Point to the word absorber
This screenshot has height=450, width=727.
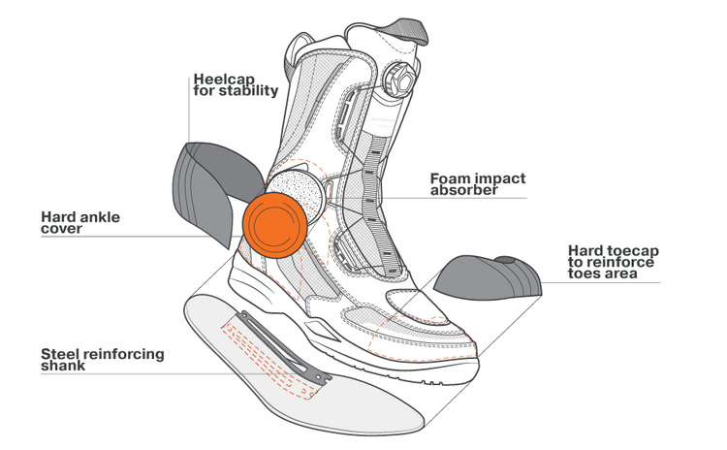464,191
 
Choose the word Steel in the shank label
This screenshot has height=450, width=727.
61,353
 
